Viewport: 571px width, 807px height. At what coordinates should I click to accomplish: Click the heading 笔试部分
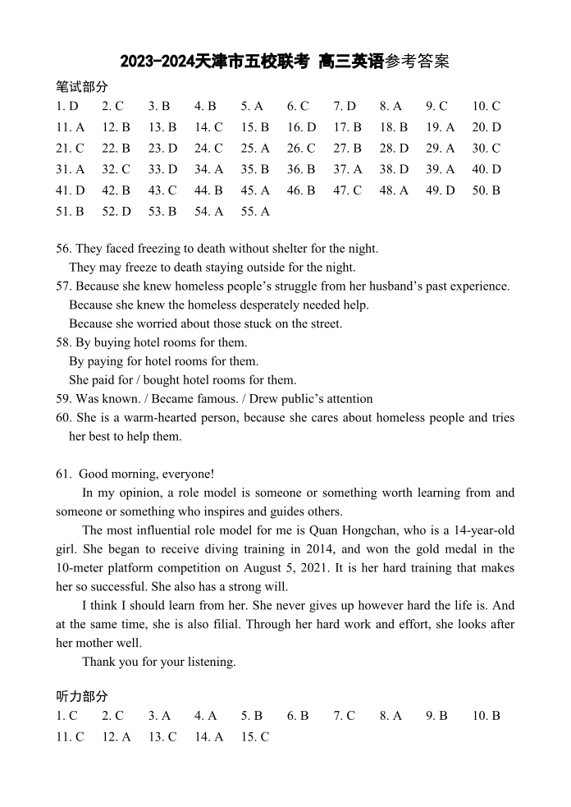coord(81,86)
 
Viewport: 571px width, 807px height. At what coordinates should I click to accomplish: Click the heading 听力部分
coord(81,696)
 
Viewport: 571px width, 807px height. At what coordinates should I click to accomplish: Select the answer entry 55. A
coord(255,212)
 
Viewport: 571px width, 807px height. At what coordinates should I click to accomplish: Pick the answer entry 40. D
coord(486,169)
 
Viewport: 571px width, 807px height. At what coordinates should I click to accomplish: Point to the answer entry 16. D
coord(301,127)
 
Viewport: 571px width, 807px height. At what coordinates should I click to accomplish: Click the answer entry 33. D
coord(162,169)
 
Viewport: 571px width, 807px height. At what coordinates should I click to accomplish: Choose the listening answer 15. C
coord(255,737)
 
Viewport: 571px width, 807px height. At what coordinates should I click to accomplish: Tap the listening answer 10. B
coord(486,716)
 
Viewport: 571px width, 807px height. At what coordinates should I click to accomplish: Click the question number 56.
coord(63,249)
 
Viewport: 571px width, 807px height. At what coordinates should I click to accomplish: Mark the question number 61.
coord(63,474)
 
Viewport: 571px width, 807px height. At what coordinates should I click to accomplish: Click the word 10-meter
coord(83,568)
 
